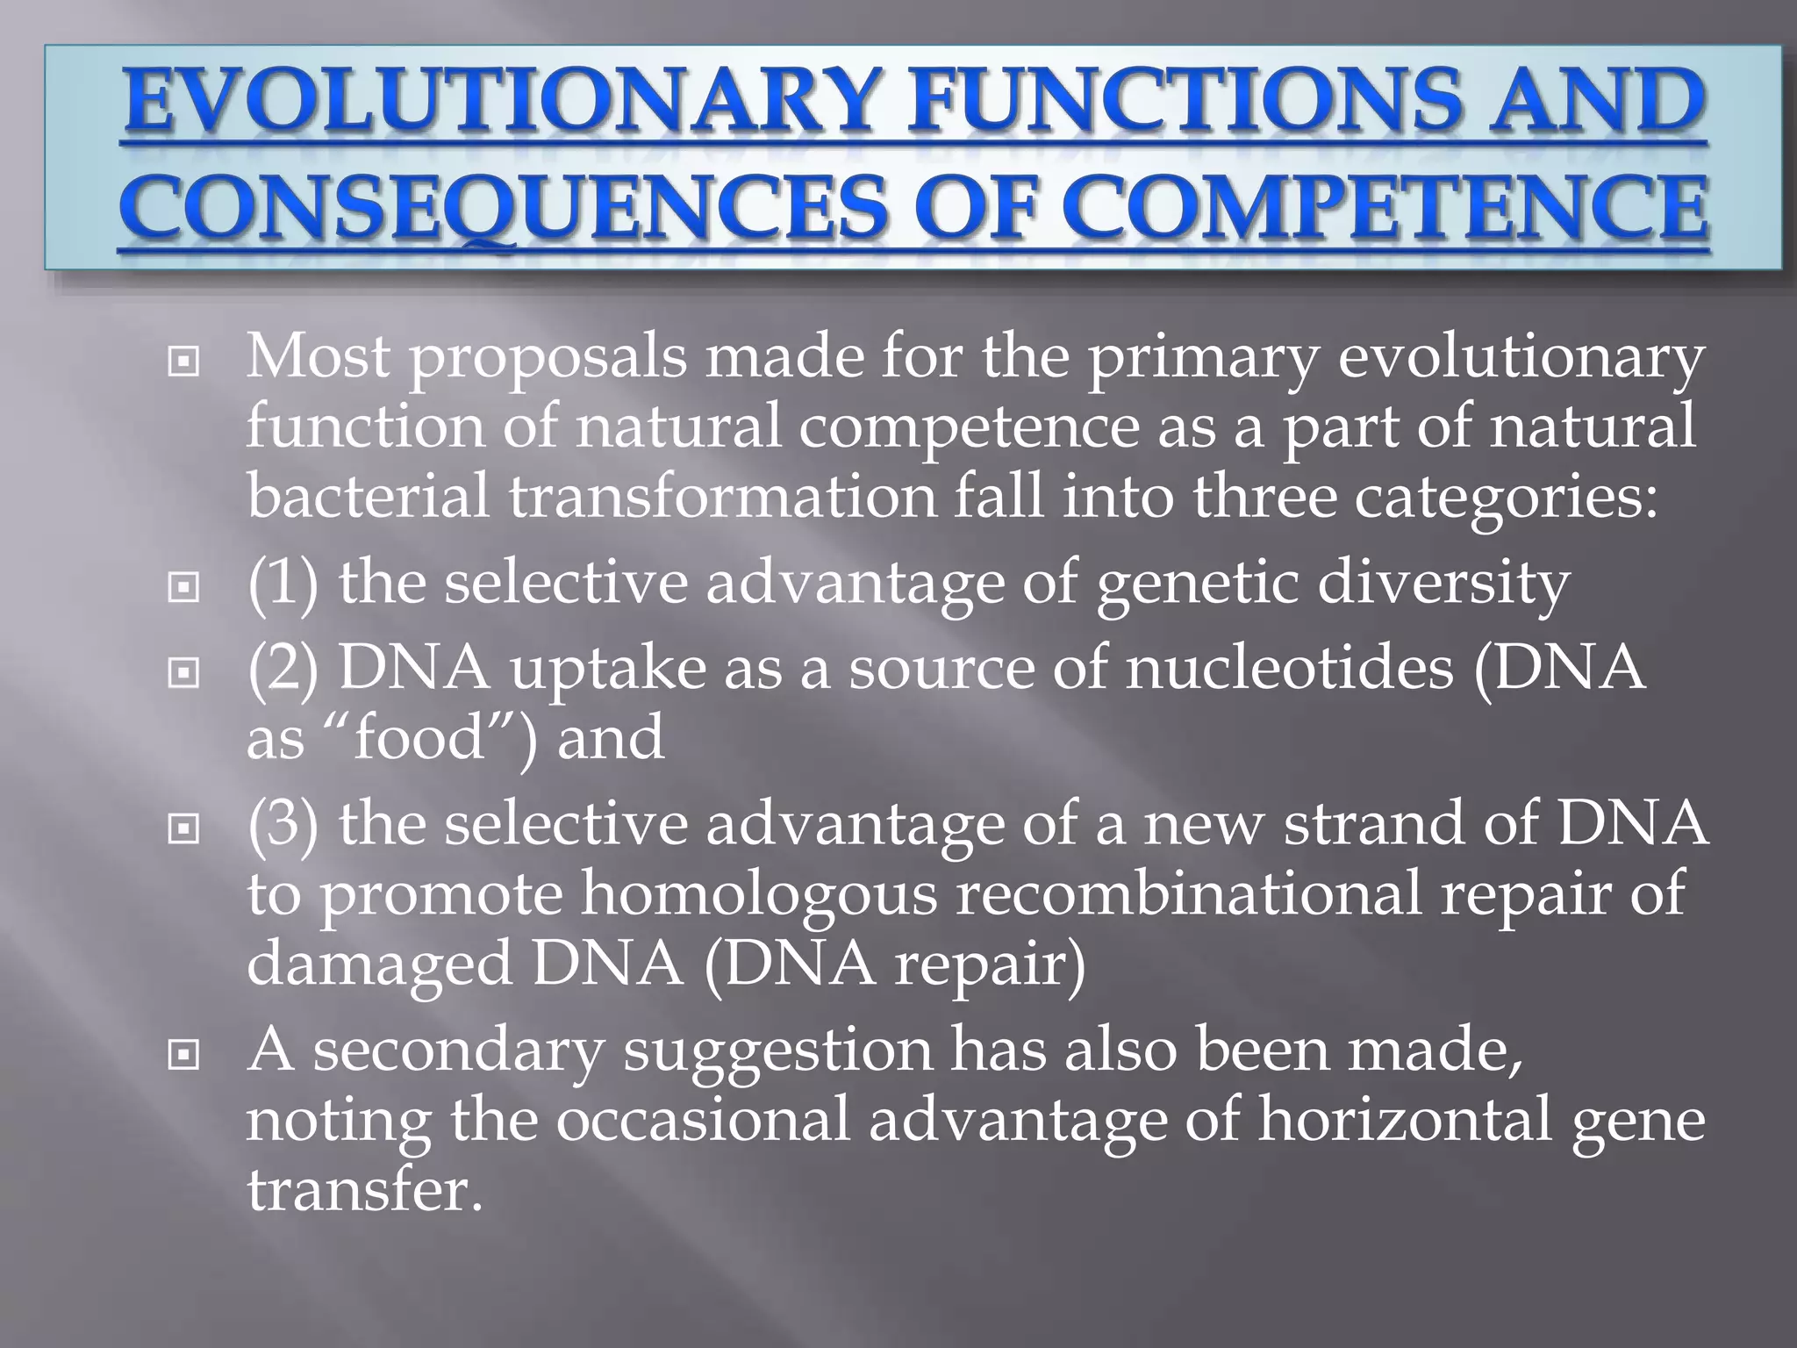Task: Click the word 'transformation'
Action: click(723, 496)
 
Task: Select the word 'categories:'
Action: click(1506, 496)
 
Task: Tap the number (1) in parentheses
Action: click(283, 584)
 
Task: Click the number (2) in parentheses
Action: click(283, 669)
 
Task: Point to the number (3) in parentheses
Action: click(283, 825)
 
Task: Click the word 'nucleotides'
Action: click(1289, 669)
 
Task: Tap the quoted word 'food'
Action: click(419, 737)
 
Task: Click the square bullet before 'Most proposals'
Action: click(183, 361)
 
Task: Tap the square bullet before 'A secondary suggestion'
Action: click(183, 1054)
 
